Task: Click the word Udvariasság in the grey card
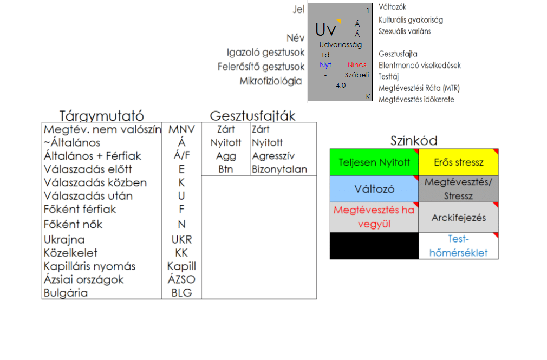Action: point(341,44)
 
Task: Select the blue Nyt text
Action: point(325,65)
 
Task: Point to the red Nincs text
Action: point(357,65)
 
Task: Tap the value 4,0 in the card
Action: point(341,85)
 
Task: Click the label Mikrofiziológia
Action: point(271,81)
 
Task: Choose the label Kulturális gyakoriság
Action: point(411,20)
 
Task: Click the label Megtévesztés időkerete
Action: point(416,99)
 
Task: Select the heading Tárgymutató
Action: point(101,116)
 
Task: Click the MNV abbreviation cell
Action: point(181,129)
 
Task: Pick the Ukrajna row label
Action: point(64,239)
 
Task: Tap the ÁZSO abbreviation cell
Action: point(181,279)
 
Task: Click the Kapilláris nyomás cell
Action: point(90,266)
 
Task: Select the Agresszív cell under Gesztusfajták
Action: point(273,156)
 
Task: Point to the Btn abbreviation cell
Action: point(225,169)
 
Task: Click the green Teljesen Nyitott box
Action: point(374,162)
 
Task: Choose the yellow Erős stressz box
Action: point(458,162)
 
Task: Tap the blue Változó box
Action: point(374,189)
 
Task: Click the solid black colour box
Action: point(374,246)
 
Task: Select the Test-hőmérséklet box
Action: point(458,246)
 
